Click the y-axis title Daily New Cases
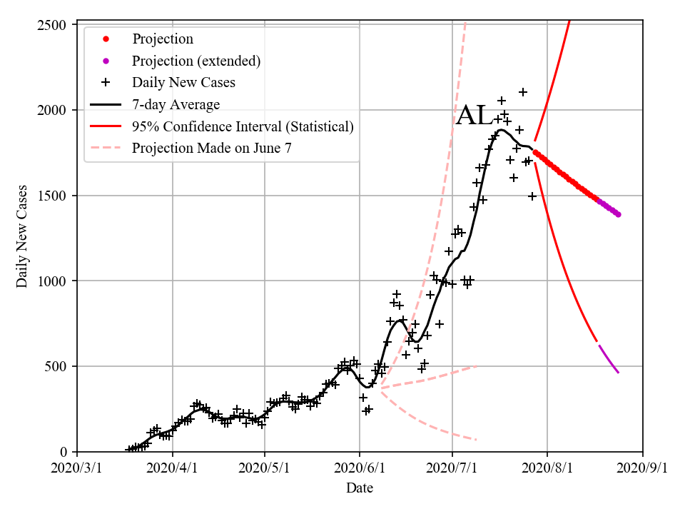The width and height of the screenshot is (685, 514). [x=22, y=237]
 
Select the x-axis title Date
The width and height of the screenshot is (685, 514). [x=360, y=488]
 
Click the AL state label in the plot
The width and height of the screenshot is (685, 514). [x=474, y=116]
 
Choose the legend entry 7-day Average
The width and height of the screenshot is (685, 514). [x=176, y=104]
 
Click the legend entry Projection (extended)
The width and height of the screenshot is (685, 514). [x=196, y=61]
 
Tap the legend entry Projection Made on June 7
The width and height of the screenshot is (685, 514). [x=212, y=148]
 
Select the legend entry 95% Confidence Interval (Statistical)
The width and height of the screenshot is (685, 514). [x=243, y=126]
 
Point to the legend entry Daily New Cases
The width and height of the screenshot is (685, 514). [x=183, y=82]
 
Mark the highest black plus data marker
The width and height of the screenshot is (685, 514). [x=523, y=92]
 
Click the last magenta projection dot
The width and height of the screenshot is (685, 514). [x=618, y=214]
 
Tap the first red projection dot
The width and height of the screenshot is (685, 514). [x=535, y=151]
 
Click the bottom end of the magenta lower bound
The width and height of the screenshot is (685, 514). [x=618, y=372]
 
